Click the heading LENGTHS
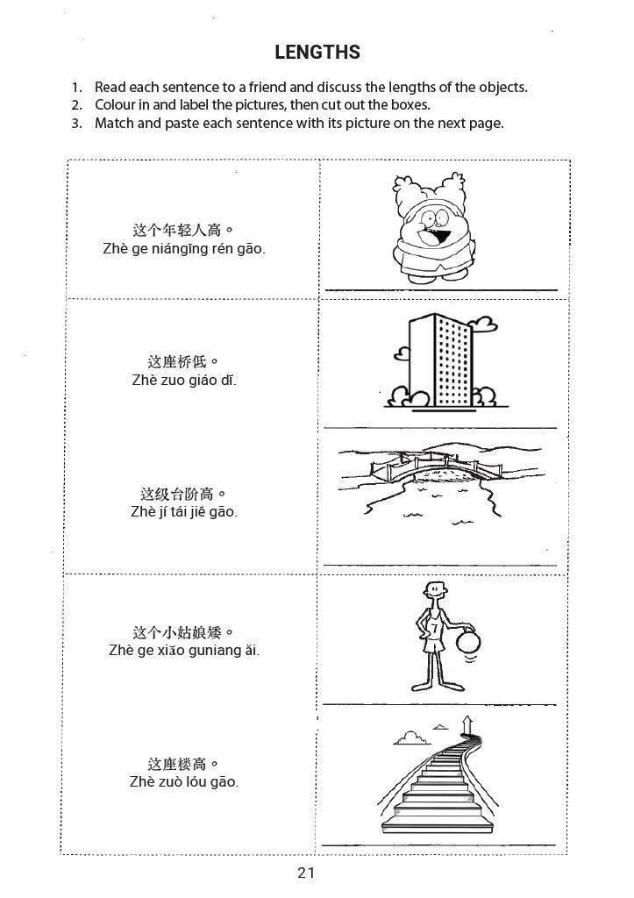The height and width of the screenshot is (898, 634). pos(317,52)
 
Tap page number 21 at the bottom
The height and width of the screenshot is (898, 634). pos(306,873)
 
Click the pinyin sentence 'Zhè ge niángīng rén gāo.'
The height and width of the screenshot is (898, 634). pos(184,249)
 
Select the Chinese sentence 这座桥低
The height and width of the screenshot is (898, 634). pos(182,362)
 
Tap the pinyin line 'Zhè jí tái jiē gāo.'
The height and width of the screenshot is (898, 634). pos(184,511)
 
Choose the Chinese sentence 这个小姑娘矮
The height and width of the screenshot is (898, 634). pos(183,632)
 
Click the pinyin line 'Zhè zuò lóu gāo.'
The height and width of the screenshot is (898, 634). pos(184,781)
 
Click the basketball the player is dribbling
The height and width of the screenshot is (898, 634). pos(468,641)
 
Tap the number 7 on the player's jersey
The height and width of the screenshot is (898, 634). pos(435,628)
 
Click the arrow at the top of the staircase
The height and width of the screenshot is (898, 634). pos(468,723)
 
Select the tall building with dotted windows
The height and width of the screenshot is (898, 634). pos(440,360)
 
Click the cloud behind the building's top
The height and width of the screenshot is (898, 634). pos(482,324)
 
